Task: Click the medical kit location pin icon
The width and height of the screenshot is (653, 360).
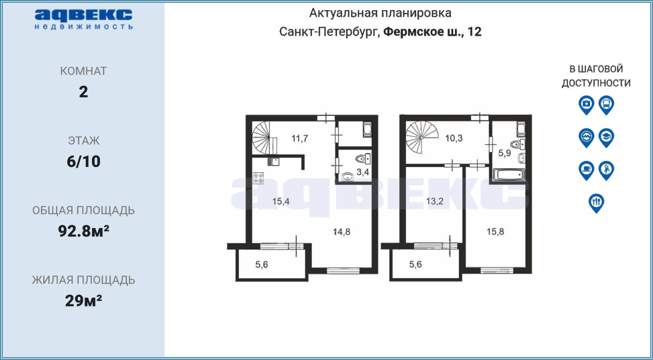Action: click(586, 105)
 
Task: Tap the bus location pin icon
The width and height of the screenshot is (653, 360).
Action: click(607, 105)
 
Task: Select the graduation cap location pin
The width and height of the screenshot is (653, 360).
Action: click(607, 138)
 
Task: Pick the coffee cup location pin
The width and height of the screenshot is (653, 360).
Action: click(586, 170)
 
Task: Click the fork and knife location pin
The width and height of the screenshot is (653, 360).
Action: click(596, 203)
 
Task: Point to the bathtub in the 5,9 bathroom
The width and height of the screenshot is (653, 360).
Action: click(509, 175)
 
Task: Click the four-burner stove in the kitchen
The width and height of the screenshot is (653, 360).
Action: click(258, 178)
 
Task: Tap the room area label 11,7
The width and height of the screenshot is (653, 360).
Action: click(299, 138)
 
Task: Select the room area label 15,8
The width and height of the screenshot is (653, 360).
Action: click(495, 232)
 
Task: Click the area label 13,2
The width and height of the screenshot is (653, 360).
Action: click(435, 201)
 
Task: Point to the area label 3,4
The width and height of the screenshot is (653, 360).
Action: click(363, 172)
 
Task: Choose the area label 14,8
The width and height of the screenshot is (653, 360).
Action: click(341, 232)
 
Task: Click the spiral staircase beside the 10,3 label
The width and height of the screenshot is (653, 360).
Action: click(422, 137)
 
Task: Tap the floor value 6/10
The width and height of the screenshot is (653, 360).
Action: click(84, 161)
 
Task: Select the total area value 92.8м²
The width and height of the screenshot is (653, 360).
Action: click(84, 231)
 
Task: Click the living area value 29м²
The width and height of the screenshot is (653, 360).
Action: click(84, 300)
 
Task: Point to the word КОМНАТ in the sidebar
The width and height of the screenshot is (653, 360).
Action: click(83, 71)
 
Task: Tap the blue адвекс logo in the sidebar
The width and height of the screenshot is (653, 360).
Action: click(84, 19)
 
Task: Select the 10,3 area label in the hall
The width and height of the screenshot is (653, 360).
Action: click(454, 138)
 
